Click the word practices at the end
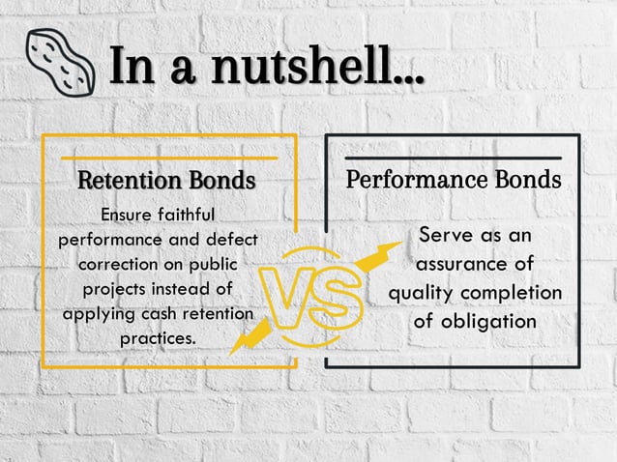click(x=157, y=339)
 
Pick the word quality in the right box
click(x=423, y=292)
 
